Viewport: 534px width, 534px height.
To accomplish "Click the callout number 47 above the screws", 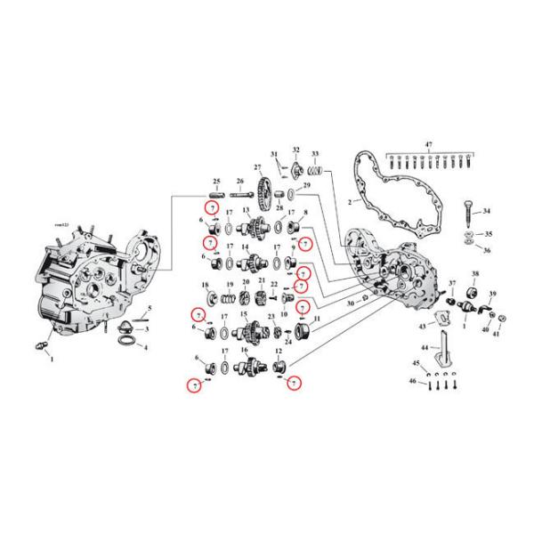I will pos(427,144).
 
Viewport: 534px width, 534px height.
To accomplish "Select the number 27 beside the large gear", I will pos(257,167).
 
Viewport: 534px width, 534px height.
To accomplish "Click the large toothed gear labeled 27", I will pos(264,190).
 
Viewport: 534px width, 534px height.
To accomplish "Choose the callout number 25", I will pos(216,182).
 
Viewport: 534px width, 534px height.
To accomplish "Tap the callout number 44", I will pos(425,347).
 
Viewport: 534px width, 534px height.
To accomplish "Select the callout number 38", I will pos(475,274).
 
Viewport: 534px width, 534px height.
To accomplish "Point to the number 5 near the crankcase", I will pos(150,308).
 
